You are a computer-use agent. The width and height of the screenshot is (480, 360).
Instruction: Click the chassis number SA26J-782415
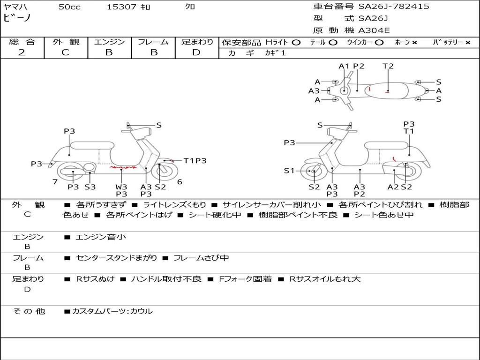pyautogui.click(x=394, y=7)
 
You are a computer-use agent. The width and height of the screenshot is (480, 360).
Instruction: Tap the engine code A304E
pyautogui.click(x=374, y=30)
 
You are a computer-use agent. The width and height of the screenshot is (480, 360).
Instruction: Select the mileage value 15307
pyautogui.click(x=121, y=7)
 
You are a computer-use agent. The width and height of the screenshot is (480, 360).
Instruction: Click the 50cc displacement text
pyautogui.click(x=69, y=7)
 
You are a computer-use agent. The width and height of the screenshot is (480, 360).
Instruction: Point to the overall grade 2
pyautogui.click(x=22, y=52)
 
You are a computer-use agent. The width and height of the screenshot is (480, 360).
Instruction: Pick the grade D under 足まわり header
pyautogui.click(x=196, y=52)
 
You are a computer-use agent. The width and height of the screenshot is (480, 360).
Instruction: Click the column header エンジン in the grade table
pyautogui.click(x=109, y=42)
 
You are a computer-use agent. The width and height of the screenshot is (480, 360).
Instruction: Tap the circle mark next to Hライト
pyautogui.click(x=296, y=43)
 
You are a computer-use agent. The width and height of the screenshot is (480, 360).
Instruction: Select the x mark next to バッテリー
pyautogui.click(x=467, y=43)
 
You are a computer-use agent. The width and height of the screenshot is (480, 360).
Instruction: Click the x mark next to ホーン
pyautogui.click(x=414, y=43)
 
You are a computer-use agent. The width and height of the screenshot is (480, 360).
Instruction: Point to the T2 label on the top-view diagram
pyautogui.click(x=388, y=66)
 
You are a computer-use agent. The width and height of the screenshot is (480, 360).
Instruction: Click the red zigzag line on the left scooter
pyautogui.click(x=123, y=167)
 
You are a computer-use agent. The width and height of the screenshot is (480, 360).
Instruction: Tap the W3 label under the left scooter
pyautogui.click(x=121, y=187)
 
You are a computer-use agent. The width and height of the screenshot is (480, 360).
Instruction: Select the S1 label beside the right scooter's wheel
pyautogui.click(x=290, y=171)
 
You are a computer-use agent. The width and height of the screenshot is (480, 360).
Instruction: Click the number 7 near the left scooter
pyautogui.click(x=55, y=181)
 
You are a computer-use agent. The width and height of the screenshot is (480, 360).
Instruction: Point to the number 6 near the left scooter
pyautogui.click(x=180, y=182)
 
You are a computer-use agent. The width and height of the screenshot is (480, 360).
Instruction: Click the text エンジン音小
pyautogui.click(x=100, y=237)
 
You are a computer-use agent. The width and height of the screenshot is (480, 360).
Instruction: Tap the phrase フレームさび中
pyautogui.click(x=201, y=258)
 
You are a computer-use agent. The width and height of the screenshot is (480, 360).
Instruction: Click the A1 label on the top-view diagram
pyautogui.click(x=345, y=66)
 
